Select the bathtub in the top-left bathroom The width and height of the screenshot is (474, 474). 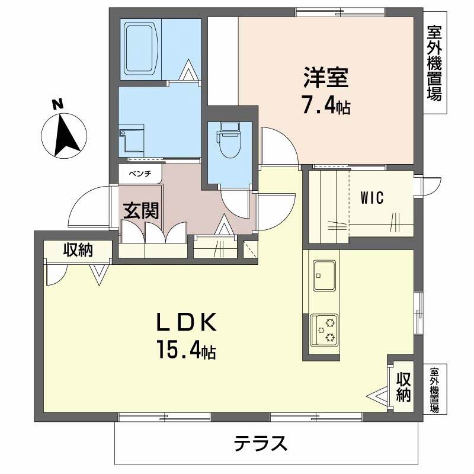click(142, 49)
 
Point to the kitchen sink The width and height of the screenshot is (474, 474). click(324, 276)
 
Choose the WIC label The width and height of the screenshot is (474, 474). click(372, 198)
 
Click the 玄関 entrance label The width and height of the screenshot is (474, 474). click(141, 211)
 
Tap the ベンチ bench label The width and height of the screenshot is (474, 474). click(139, 174)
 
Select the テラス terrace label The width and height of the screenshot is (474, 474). click(261, 443)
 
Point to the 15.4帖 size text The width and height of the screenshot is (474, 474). click(185, 351)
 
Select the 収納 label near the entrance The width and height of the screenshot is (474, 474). click(78, 250)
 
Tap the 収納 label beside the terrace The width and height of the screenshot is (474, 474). click(403, 386)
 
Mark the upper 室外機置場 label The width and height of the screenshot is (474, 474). click(434, 62)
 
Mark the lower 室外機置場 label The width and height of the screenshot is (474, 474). click(434, 390)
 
